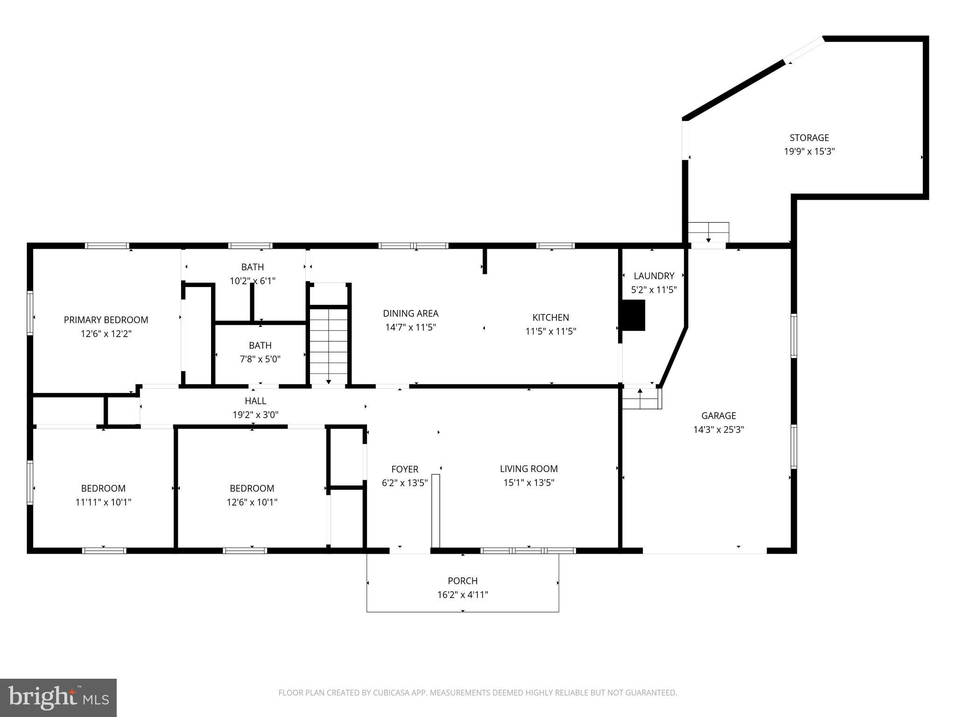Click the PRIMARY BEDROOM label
coord(106,320)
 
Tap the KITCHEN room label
coord(550,317)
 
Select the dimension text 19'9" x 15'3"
coord(809,151)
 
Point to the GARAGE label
coord(718,415)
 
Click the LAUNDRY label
coord(654,276)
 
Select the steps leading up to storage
coord(709,232)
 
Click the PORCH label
coord(463,581)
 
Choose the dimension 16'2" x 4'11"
coord(463,595)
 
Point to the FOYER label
coord(405,469)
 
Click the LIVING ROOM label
coord(528,469)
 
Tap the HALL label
coord(255,401)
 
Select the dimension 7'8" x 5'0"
coord(260,359)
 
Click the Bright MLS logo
coord(58,698)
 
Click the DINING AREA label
coord(410,313)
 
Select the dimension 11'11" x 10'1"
coord(103,502)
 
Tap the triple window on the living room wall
coord(528,551)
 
